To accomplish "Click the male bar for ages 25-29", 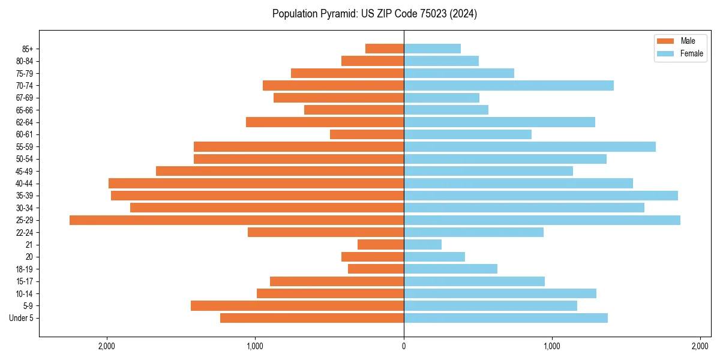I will click(236, 220).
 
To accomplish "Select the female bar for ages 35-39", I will click(541, 196).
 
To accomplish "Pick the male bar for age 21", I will click(380, 245).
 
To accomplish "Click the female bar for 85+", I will click(432, 49).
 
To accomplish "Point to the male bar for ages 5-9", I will click(297, 306).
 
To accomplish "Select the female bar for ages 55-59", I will click(530, 147).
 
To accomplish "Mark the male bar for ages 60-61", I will click(367, 134).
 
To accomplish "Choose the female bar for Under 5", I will click(506, 318).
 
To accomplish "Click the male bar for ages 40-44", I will click(256, 184).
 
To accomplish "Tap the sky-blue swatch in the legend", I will click(666, 53).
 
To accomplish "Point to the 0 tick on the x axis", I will click(404, 346).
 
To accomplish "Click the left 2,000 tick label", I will click(107, 346).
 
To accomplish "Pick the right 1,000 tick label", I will click(552, 346).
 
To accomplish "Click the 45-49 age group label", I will click(25, 172).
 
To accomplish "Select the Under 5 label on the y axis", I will click(21, 318).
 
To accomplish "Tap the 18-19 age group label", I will click(25, 269).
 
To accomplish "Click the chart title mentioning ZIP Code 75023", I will click(374, 14).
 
